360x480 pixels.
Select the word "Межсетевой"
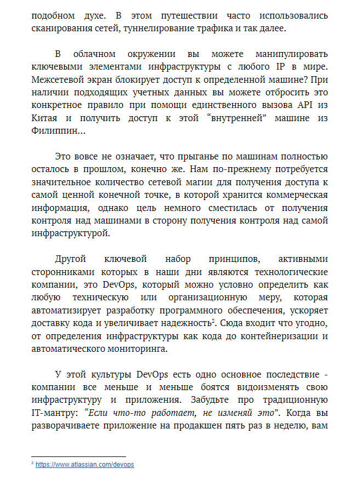click(59, 80)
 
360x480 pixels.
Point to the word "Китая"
click(45, 118)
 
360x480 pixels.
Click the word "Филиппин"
click(55, 131)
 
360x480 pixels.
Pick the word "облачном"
click(96, 54)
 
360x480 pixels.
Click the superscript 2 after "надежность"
click(213, 321)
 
